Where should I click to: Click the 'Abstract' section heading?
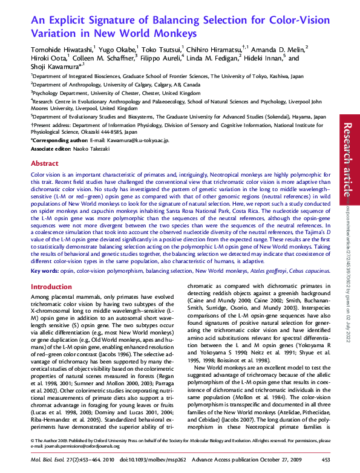45,163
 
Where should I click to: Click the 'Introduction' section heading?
51,287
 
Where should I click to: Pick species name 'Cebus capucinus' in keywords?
309,272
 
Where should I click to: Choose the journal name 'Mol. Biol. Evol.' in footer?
50,460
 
